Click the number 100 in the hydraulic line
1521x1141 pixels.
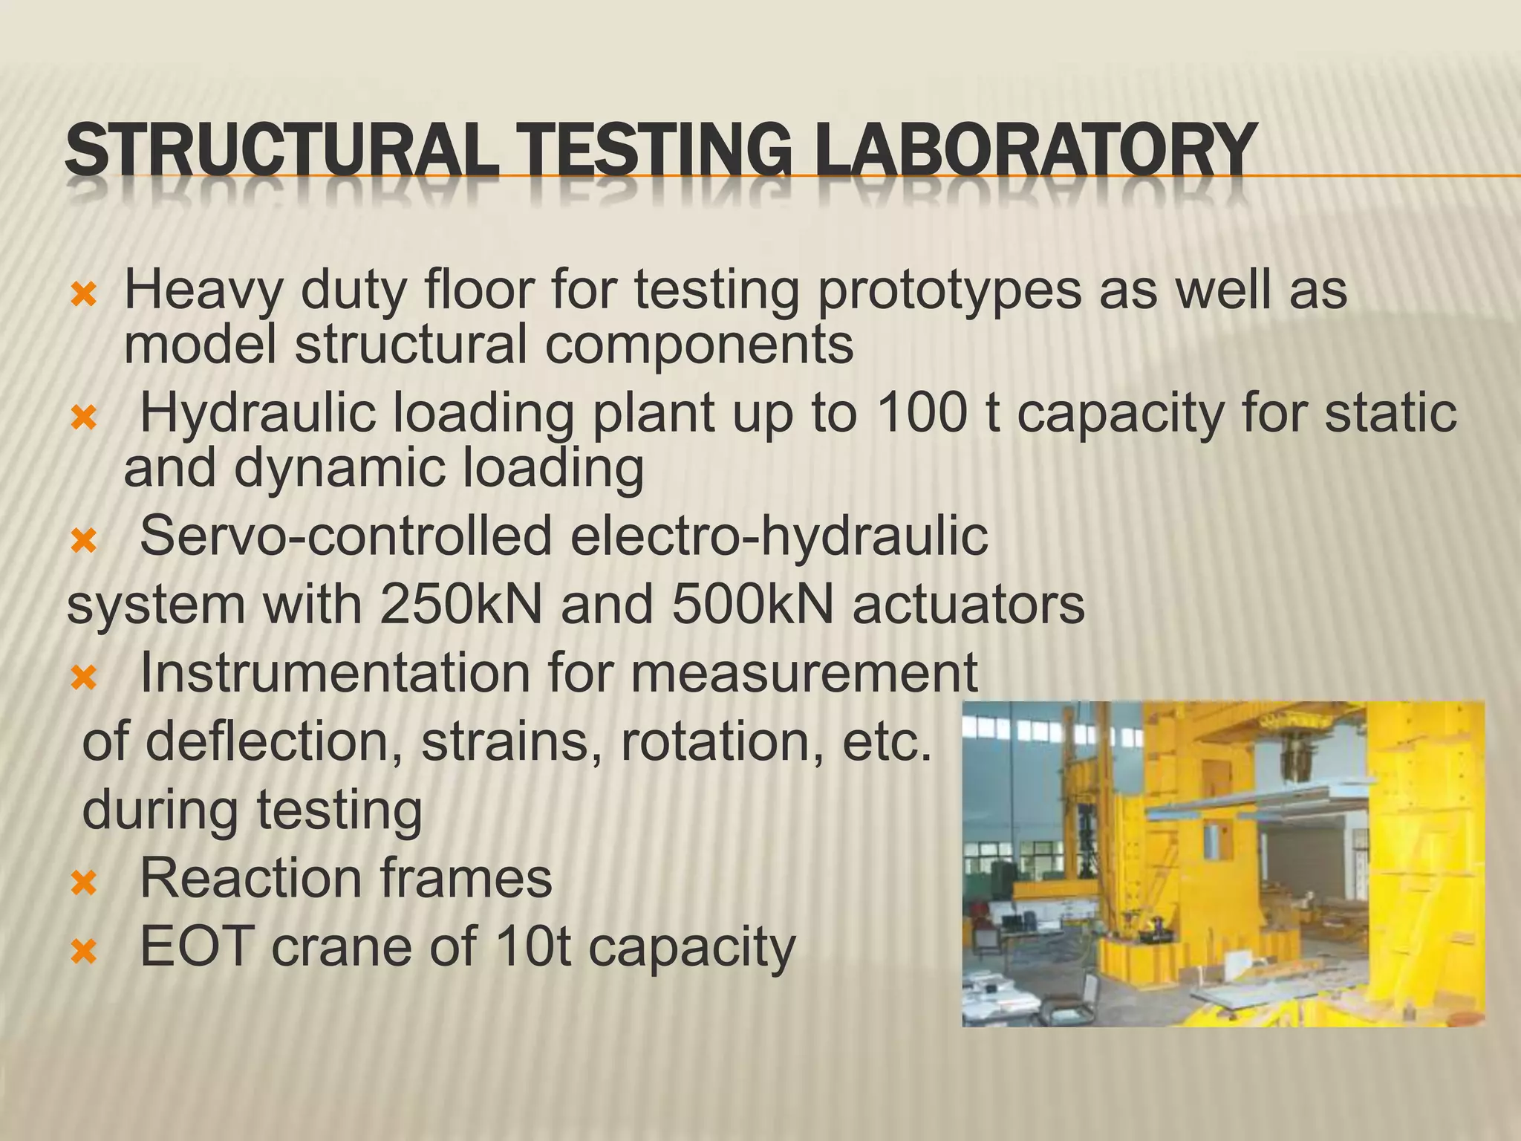click(x=922, y=413)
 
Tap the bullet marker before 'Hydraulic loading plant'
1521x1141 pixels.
click(x=83, y=420)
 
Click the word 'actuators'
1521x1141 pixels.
click(x=968, y=605)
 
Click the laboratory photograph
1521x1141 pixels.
click(x=1222, y=865)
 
